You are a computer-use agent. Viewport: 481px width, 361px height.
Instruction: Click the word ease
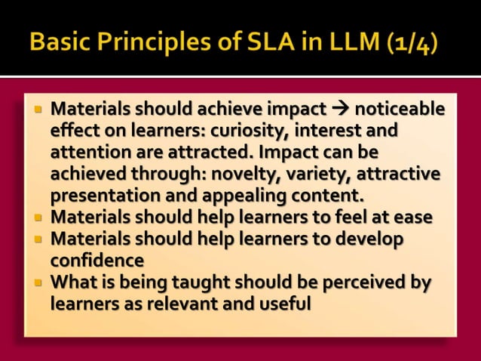coord(412,218)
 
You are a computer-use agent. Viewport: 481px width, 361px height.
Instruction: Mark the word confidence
coord(97,261)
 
